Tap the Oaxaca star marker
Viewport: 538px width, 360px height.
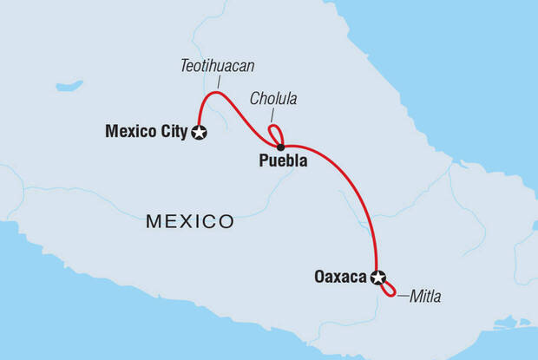click(377, 278)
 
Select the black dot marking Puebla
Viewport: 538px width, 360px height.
click(280, 146)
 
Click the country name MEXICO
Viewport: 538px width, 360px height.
click(189, 221)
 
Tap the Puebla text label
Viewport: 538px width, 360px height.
click(282, 160)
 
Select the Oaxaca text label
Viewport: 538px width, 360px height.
click(340, 278)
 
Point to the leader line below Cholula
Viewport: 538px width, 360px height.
click(272, 115)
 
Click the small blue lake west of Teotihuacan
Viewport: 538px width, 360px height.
click(69, 86)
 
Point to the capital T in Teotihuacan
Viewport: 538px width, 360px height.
click(184, 65)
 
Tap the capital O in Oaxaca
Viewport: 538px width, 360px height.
click(319, 278)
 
